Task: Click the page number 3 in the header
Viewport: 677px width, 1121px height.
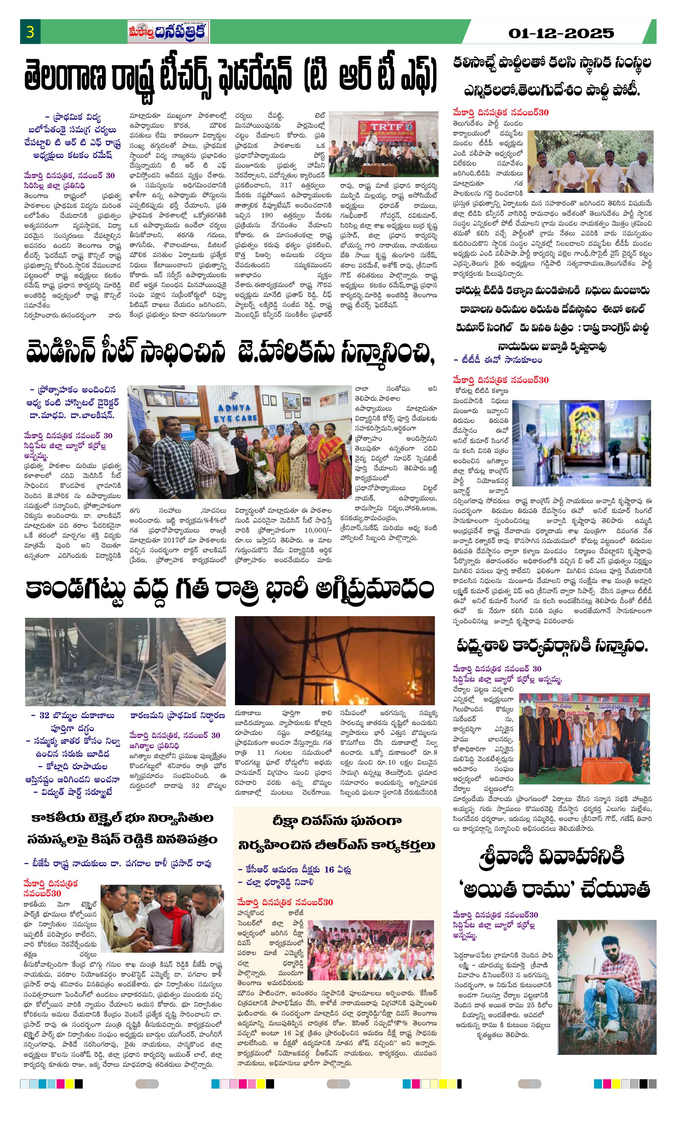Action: [x=30, y=32]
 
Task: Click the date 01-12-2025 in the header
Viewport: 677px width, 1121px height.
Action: [x=561, y=33]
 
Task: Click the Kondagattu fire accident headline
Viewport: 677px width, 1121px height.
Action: [x=230, y=590]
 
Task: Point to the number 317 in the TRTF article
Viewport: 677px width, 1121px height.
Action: [x=286, y=185]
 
